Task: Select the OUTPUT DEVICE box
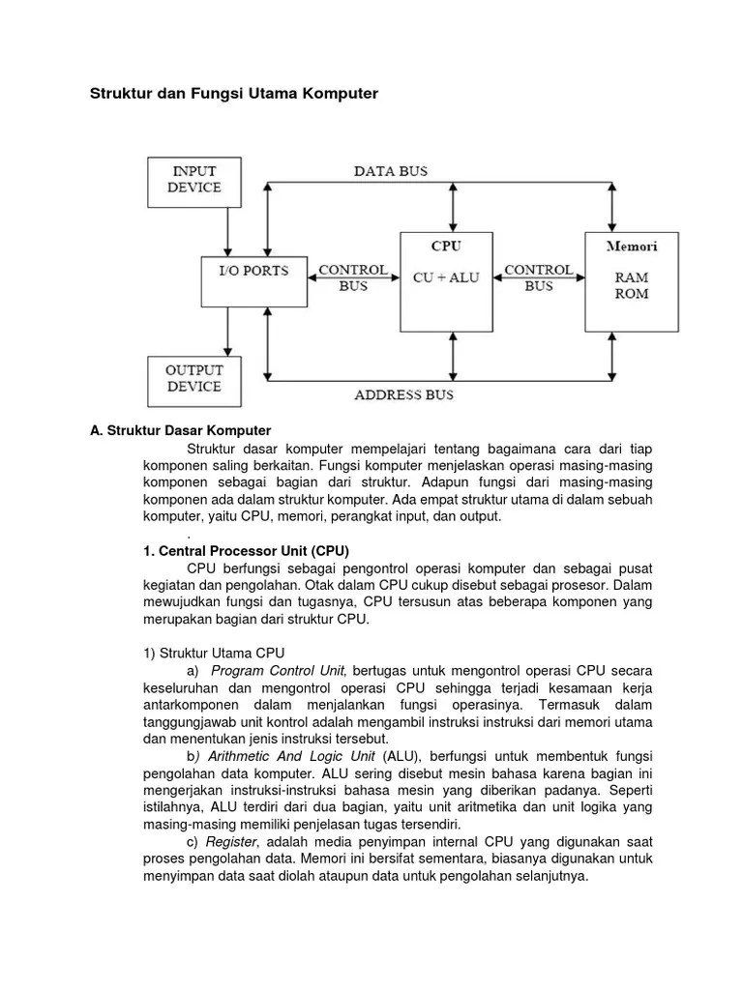click(x=194, y=378)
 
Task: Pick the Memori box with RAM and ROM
click(x=632, y=280)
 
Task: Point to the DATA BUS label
click(x=390, y=171)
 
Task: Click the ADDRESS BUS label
click(x=403, y=395)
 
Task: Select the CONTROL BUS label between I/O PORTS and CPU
click(x=353, y=278)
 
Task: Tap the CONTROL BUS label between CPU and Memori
click(x=539, y=278)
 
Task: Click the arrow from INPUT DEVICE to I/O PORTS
click(x=227, y=232)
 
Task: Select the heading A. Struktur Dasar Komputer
click(x=181, y=430)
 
